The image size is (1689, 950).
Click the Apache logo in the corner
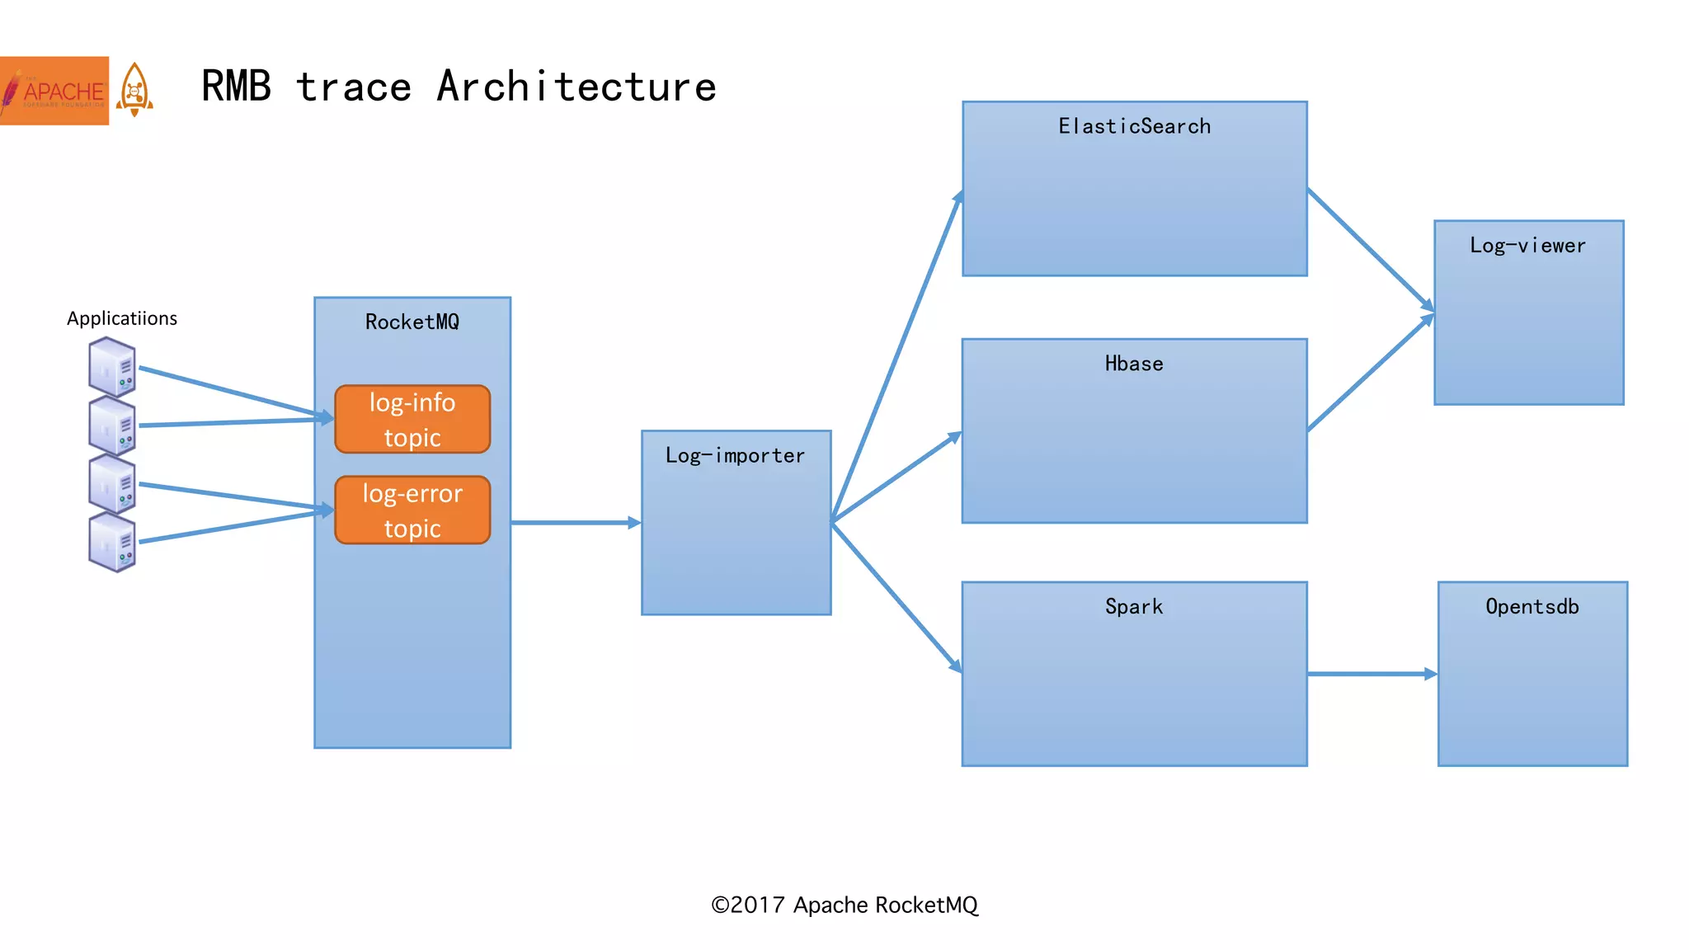tap(54, 91)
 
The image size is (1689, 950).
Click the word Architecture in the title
tap(576, 87)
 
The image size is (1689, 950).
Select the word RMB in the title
tap(236, 87)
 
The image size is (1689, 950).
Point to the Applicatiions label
tap(122, 318)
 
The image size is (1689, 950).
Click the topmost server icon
tap(112, 367)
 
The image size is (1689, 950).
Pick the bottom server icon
tap(112, 542)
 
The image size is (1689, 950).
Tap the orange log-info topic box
tap(412, 419)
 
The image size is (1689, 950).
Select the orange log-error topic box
tap(412, 510)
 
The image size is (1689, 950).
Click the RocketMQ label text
tap(412, 322)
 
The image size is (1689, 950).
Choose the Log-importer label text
tap(735, 455)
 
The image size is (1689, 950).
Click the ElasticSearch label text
tap(1135, 126)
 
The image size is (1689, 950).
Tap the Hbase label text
tap(1134, 364)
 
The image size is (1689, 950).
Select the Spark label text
tap(1134, 607)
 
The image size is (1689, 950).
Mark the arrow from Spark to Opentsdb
tap(1371, 674)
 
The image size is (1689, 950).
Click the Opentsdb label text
tap(1532, 607)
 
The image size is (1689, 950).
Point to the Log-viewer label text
tap(1527, 246)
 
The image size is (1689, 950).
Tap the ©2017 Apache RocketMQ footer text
tap(844, 905)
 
